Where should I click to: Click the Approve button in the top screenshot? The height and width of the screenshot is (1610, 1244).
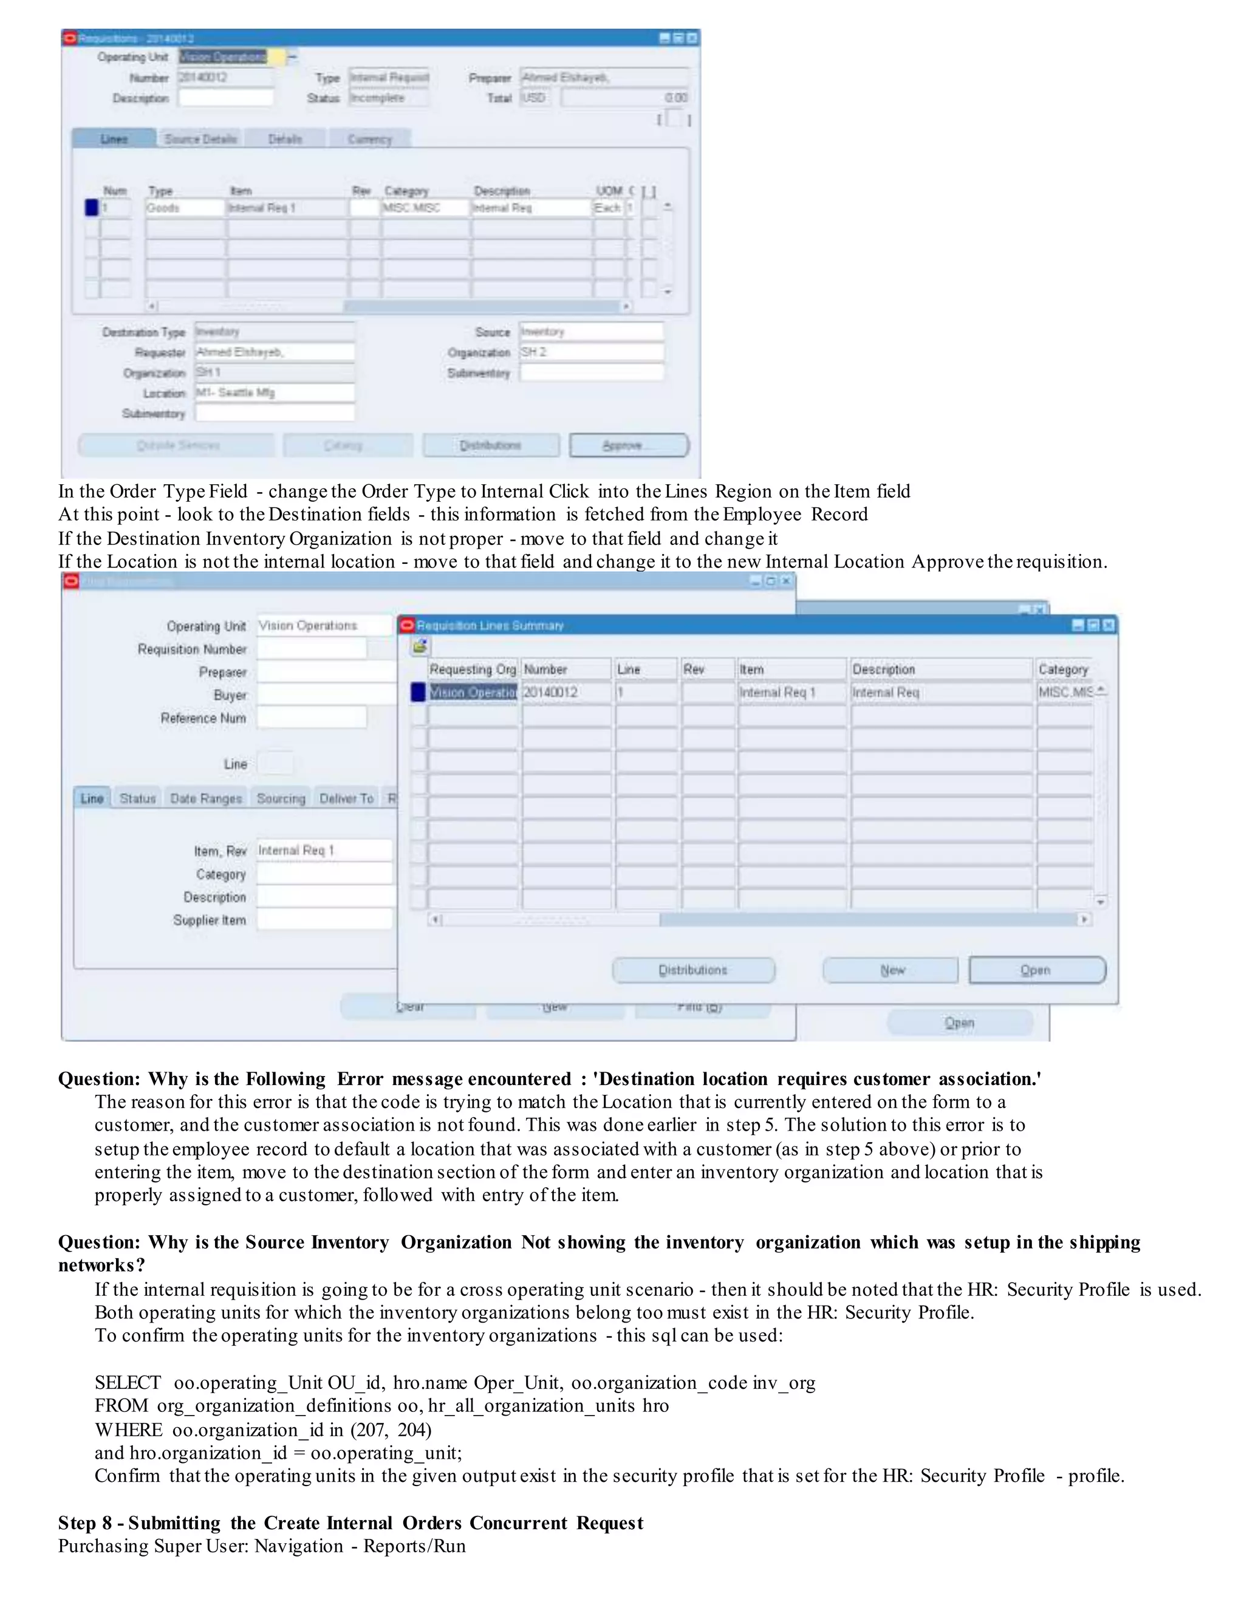point(629,445)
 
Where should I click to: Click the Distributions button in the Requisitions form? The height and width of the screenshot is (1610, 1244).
point(491,445)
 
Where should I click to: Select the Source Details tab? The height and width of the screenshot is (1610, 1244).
point(200,139)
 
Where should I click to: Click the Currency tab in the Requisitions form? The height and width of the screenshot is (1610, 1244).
point(369,139)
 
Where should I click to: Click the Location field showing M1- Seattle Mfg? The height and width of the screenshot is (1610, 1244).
point(274,393)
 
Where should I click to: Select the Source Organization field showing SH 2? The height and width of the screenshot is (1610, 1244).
point(591,352)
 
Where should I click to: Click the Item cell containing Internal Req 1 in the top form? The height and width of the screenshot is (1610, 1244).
point(286,208)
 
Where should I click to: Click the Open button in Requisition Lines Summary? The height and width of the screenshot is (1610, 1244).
point(1036,970)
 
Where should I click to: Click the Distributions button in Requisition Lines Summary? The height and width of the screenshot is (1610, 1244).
point(692,970)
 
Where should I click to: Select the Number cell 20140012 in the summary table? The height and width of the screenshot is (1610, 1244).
point(566,692)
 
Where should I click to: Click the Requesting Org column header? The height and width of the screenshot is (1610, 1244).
point(473,670)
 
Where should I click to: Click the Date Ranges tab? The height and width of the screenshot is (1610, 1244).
point(206,798)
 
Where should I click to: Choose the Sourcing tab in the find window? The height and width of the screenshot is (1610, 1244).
point(281,798)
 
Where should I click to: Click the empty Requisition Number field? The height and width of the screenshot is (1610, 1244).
point(311,649)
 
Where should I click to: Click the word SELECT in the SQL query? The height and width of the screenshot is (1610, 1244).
point(128,1382)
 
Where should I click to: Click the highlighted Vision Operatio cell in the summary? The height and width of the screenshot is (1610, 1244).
point(473,692)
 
